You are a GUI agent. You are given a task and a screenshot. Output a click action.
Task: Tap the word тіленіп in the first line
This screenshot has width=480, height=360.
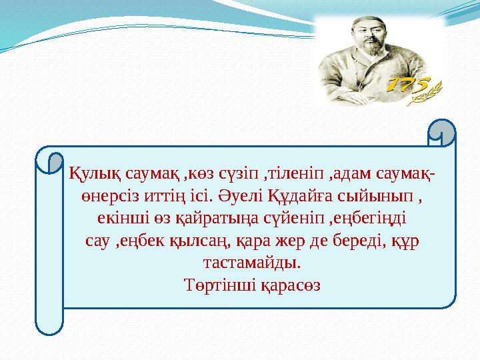[x=287, y=175]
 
